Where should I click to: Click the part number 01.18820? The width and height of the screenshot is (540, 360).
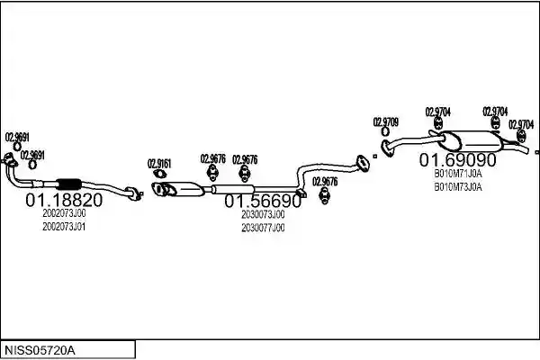click(x=64, y=200)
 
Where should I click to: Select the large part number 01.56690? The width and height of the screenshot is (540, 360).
click(x=263, y=201)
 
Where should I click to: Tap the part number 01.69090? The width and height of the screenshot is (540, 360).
click(x=458, y=160)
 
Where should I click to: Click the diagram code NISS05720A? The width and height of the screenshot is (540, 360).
click(x=40, y=351)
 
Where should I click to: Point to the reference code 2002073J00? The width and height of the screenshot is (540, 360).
click(x=64, y=213)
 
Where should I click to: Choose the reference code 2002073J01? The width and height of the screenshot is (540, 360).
click(x=64, y=227)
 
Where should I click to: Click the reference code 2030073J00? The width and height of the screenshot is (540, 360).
click(x=263, y=214)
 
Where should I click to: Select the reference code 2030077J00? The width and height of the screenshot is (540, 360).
click(x=263, y=228)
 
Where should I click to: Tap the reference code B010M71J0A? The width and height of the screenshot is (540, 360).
click(x=458, y=174)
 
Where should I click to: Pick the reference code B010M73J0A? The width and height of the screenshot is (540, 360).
click(x=458, y=187)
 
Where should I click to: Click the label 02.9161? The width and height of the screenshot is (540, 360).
click(x=159, y=164)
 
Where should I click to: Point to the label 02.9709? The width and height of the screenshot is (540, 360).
click(x=386, y=122)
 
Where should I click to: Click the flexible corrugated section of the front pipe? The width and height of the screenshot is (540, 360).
click(x=68, y=184)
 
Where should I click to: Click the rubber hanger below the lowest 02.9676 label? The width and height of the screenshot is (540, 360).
click(x=325, y=195)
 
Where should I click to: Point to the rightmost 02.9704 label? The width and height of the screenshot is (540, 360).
click(x=521, y=124)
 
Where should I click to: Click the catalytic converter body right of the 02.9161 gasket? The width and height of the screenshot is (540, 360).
click(x=184, y=189)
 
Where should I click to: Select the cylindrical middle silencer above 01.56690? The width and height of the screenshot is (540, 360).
click(x=233, y=189)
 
